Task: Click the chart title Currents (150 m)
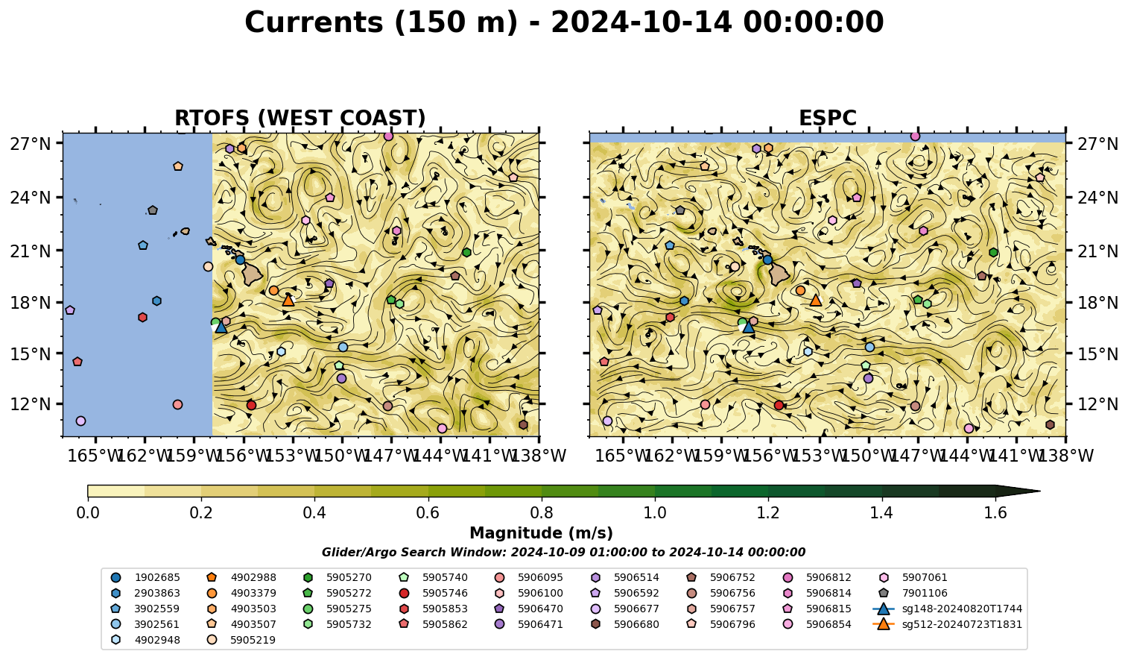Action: click(381, 23)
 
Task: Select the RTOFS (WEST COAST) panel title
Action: click(300, 118)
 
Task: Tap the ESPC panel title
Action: click(828, 118)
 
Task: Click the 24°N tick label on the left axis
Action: click(31, 198)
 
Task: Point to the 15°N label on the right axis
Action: click(1097, 354)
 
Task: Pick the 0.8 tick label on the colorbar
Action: click(542, 513)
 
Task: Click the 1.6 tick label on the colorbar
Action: click(995, 513)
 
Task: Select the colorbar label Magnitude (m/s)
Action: click(542, 533)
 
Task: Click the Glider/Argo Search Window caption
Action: click(563, 552)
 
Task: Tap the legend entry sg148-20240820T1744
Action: click(947, 609)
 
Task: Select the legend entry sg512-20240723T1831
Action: click(947, 625)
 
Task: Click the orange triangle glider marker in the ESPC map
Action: click(816, 301)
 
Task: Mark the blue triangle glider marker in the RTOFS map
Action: click(221, 327)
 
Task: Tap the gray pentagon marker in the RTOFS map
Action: click(153, 210)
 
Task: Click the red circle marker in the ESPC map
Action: click(779, 406)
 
